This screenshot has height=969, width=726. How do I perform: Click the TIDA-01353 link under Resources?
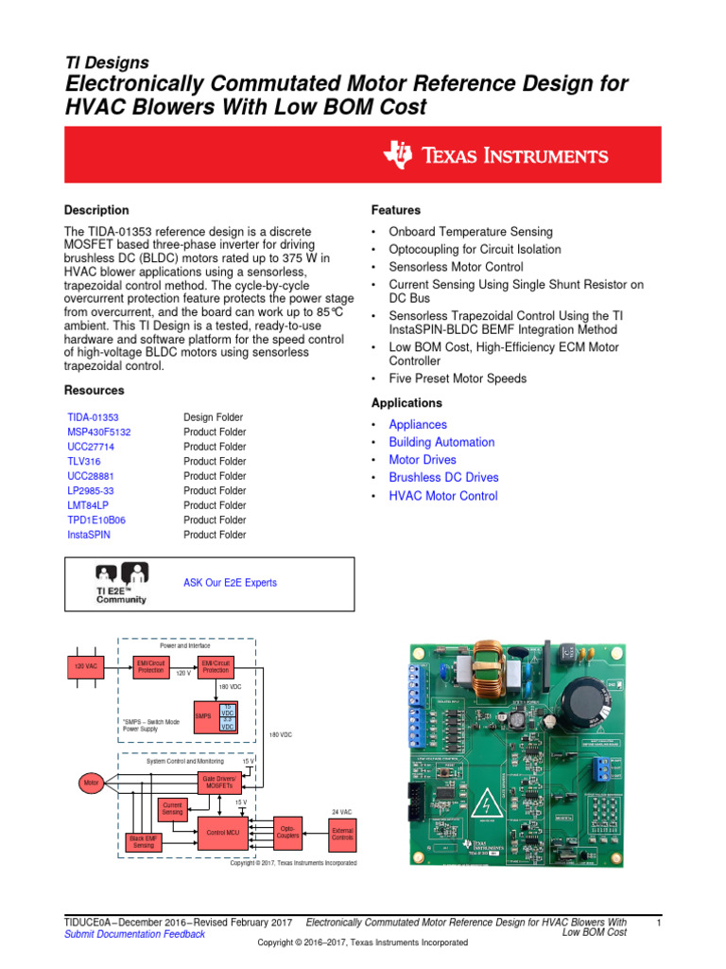tap(94, 417)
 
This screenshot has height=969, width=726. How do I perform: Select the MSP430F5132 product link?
tap(99, 432)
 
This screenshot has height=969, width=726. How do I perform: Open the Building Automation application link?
tap(441, 442)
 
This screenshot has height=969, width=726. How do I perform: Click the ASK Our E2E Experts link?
tap(230, 583)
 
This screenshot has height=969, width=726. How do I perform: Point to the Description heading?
tap(96, 210)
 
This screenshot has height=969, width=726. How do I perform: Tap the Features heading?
tap(396, 210)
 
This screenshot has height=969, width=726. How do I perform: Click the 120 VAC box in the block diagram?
tap(85, 666)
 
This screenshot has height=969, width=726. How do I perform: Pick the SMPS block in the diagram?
tap(203, 716)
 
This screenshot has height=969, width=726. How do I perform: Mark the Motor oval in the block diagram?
tap(92, 783)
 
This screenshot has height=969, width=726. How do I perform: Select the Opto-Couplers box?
tap(287, 832)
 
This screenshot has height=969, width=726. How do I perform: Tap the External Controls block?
tap(342, 832)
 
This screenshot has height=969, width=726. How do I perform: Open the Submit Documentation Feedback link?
tap(134, 934)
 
